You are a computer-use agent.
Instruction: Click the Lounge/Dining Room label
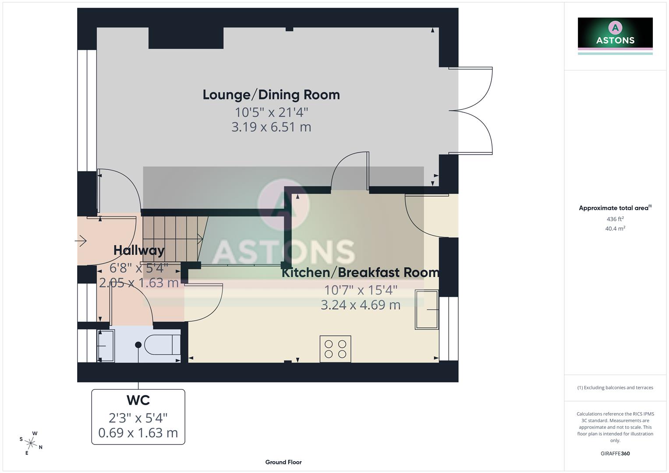(x=271, y=95)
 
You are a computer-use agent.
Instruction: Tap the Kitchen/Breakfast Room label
(x=360, y=272)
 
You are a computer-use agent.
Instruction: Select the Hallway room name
(x=139, y=250)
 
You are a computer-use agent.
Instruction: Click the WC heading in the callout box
(x=138, y=400)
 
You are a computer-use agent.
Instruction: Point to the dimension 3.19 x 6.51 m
(x=271, y=127)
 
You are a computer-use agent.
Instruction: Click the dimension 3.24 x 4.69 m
(x=360, y=305)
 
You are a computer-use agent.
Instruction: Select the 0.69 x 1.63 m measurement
(x=138, y=433)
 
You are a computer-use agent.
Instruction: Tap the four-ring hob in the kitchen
(x=335, y=349)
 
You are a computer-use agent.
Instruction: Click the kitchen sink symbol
(x=426, y=310)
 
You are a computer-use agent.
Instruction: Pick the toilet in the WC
(x=163, y=345)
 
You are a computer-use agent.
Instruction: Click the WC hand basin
(x=106, y=346)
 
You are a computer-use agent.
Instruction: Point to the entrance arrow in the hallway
(x=81, y=240)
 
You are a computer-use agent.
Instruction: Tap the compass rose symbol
(x=31, y=443)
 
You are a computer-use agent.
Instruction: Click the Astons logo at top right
(x=615, y=35)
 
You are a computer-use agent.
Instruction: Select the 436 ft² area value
(x=615, y=219)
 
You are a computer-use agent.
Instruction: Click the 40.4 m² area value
(x=615, y=229)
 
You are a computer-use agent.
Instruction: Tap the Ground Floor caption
(x=283, y=462)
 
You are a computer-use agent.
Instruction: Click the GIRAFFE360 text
(x=615, y=454)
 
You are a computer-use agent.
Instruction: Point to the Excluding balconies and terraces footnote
(x=615, y=388)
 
